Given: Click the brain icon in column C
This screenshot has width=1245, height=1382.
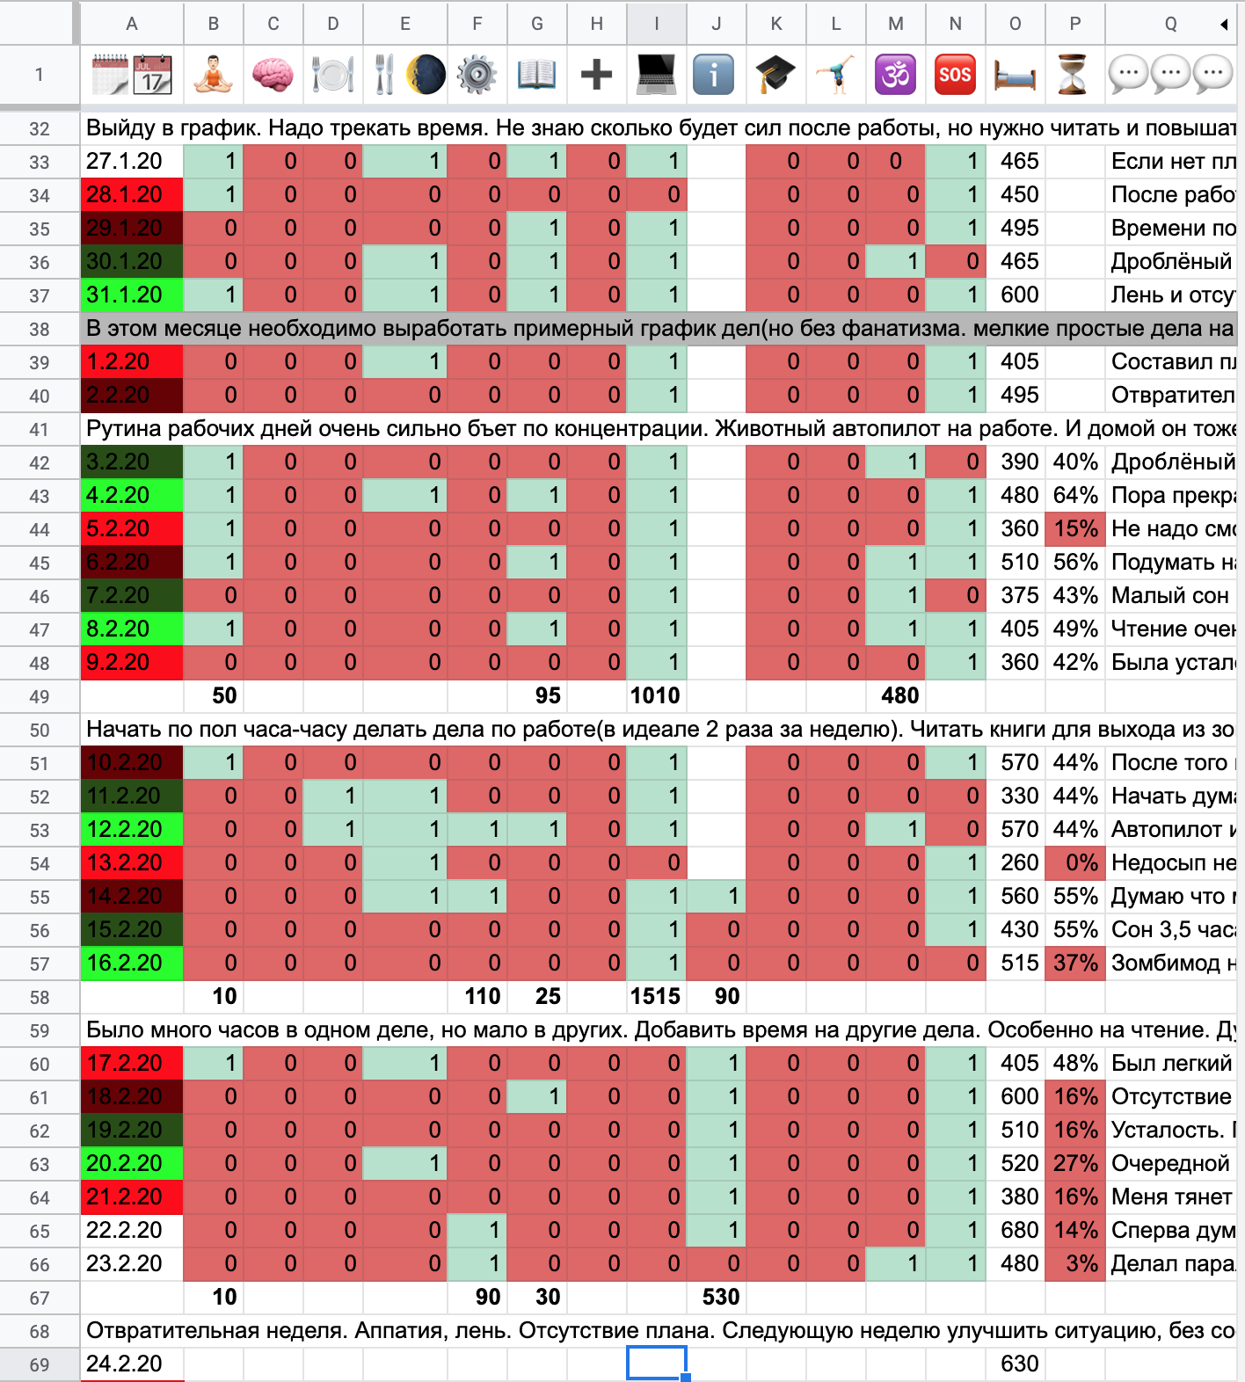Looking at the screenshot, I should coord(273,75).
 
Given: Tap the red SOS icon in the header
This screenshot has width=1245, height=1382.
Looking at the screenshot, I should coord(955,75).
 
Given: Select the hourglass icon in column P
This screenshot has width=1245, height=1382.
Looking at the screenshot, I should coord(1074,75).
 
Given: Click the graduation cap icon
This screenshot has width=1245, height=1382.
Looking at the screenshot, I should coord(775,75).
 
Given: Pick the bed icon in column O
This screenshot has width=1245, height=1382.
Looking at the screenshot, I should coord(1015,75).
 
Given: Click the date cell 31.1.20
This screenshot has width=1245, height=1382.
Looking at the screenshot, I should coord(132,295).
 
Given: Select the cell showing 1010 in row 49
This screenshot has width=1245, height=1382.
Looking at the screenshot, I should coord(655,696).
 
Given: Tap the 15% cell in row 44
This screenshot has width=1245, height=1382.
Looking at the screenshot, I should coord(1075,529).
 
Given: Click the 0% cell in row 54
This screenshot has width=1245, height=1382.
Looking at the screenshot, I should coord(1075,863).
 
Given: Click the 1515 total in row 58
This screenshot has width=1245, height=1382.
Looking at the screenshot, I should coord(655,997).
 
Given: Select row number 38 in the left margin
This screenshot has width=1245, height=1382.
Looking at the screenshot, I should coord(40,329).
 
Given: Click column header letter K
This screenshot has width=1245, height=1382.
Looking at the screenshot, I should coord(775,24).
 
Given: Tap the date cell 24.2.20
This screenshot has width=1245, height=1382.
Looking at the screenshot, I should coord(132,1364).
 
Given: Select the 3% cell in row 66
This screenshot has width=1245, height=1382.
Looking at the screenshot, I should coord(1075,1264).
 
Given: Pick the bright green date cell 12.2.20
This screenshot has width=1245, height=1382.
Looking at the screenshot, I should coord(132,830).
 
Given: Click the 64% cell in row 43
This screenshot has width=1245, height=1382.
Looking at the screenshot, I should coord(1075,496).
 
